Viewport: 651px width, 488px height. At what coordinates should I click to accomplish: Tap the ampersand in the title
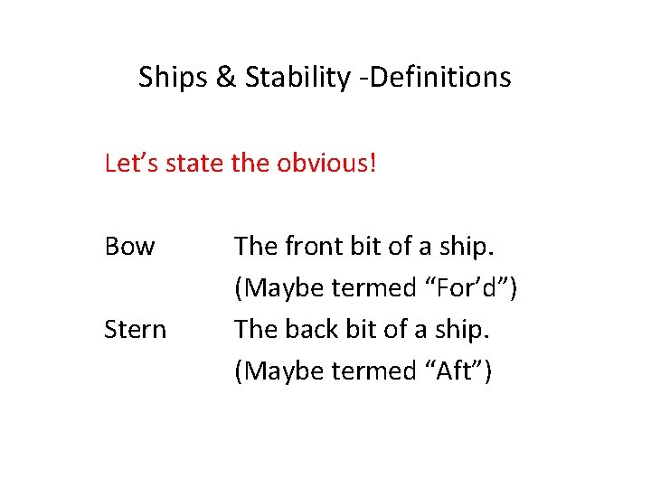(x=225, y=78)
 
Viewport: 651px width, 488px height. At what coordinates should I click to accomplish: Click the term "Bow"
(x=129, y=246)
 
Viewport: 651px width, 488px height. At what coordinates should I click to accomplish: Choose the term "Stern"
(x=136, y=329)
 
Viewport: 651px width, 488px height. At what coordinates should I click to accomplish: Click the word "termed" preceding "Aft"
(x=372, y=371)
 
